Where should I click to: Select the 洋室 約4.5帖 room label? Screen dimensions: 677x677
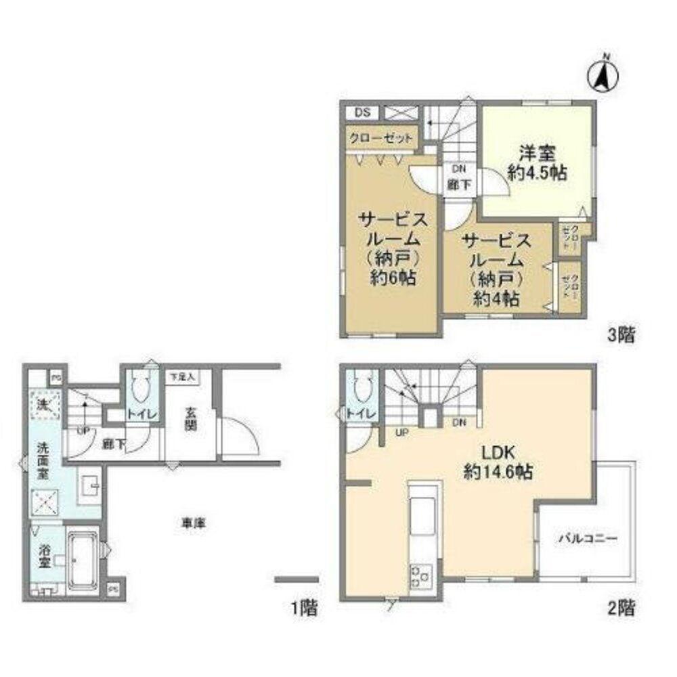[537, 162]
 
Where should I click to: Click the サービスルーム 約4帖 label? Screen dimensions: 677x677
[496, 269]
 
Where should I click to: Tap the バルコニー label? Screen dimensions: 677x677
[587, 540]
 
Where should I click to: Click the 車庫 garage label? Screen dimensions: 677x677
[193, 523]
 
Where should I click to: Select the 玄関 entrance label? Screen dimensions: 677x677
[190, 422]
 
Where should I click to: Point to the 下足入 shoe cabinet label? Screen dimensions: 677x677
[181, 376]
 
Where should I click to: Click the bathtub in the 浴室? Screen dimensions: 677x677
[82, 559]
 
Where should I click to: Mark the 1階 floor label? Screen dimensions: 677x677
[305, 607]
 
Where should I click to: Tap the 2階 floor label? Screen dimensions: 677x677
[620, 607]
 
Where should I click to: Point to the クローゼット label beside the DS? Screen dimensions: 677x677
[380, 138]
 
